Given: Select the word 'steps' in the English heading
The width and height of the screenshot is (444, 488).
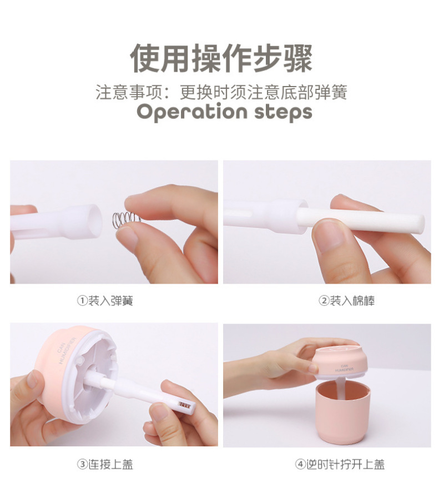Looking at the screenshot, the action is [284, 112].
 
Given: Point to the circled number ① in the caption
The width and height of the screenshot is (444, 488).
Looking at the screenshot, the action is [82, 301].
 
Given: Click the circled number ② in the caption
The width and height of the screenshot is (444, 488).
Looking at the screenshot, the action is [324, 301].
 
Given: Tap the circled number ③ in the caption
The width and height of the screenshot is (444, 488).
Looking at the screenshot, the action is [82, 464].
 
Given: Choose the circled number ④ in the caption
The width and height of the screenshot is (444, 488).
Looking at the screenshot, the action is [300, 464].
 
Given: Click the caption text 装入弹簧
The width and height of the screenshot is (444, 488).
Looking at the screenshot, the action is [111, 301].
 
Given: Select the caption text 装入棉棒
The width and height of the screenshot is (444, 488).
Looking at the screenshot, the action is [352, 301].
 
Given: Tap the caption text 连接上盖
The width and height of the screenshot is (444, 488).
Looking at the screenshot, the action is [111, 464].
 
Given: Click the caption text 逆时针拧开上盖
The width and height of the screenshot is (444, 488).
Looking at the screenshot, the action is [345, 464].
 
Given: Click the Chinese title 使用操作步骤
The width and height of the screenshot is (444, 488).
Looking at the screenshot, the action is [221, 58].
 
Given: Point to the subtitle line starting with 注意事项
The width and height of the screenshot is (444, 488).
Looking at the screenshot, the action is [221, 92].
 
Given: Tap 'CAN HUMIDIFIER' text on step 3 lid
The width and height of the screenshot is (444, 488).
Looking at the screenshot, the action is [66, 350].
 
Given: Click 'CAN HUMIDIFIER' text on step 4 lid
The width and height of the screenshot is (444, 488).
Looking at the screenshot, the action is [344, 368].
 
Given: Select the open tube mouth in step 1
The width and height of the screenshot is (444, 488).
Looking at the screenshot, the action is [93, 220].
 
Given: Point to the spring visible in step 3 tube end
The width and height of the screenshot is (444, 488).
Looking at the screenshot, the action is [184, 405].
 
